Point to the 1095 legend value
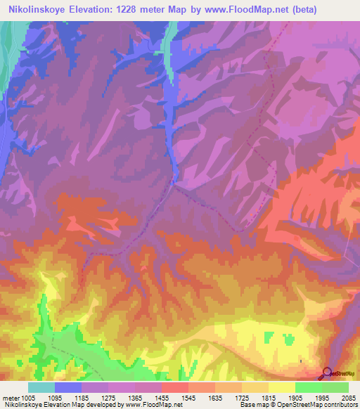67,397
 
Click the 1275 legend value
120,397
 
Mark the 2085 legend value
347,397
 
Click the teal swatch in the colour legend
41,387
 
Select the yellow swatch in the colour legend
281,387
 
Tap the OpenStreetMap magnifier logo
326,374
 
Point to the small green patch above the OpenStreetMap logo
288,340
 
